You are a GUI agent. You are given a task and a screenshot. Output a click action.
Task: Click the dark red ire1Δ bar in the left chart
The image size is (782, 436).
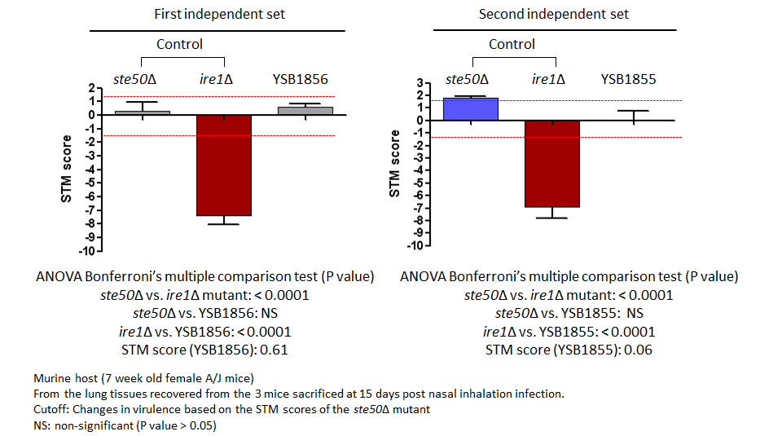[x=224, y=165]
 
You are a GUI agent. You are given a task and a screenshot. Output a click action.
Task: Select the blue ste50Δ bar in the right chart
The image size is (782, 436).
[x=471, y=109]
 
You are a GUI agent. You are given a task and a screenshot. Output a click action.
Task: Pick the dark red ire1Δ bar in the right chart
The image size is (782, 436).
[x=552, y=164]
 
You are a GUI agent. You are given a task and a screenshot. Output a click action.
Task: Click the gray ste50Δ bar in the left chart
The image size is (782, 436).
[x=143, y=112]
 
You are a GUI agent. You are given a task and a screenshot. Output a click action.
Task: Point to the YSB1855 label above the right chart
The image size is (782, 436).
[x=628, y=79]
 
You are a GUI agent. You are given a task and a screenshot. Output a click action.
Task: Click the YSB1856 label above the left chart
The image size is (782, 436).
[x=301, y=79]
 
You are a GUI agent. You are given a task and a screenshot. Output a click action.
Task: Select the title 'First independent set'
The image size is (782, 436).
[x=219, y=14]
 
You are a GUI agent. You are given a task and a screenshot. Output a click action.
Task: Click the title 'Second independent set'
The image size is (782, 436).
[x=554, y=14]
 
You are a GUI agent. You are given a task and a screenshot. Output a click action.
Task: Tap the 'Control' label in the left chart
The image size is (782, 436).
[x=179, y=44]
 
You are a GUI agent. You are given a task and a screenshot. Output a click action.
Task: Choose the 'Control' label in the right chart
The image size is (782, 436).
[x=512, y=44]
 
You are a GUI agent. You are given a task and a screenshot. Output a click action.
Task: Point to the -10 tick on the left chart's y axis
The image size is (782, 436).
[x=86, y=251]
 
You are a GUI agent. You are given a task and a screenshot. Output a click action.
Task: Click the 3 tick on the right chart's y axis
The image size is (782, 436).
[x=420, y=83]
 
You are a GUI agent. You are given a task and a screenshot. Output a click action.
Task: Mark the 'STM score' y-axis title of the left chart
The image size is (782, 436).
[x=66, y=169]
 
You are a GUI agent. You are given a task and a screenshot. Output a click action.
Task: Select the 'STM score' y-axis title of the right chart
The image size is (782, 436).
[x=394, y=163]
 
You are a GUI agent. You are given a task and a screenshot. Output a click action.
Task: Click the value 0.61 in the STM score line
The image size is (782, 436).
[x=274, y=350]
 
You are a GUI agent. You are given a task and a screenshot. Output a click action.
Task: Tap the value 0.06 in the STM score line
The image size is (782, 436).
[x=638, y=350]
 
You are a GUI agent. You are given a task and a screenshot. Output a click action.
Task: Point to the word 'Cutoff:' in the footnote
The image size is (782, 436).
[x=51, y=410]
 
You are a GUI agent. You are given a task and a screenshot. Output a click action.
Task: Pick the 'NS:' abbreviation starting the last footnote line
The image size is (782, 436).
[x=42, y=425]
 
